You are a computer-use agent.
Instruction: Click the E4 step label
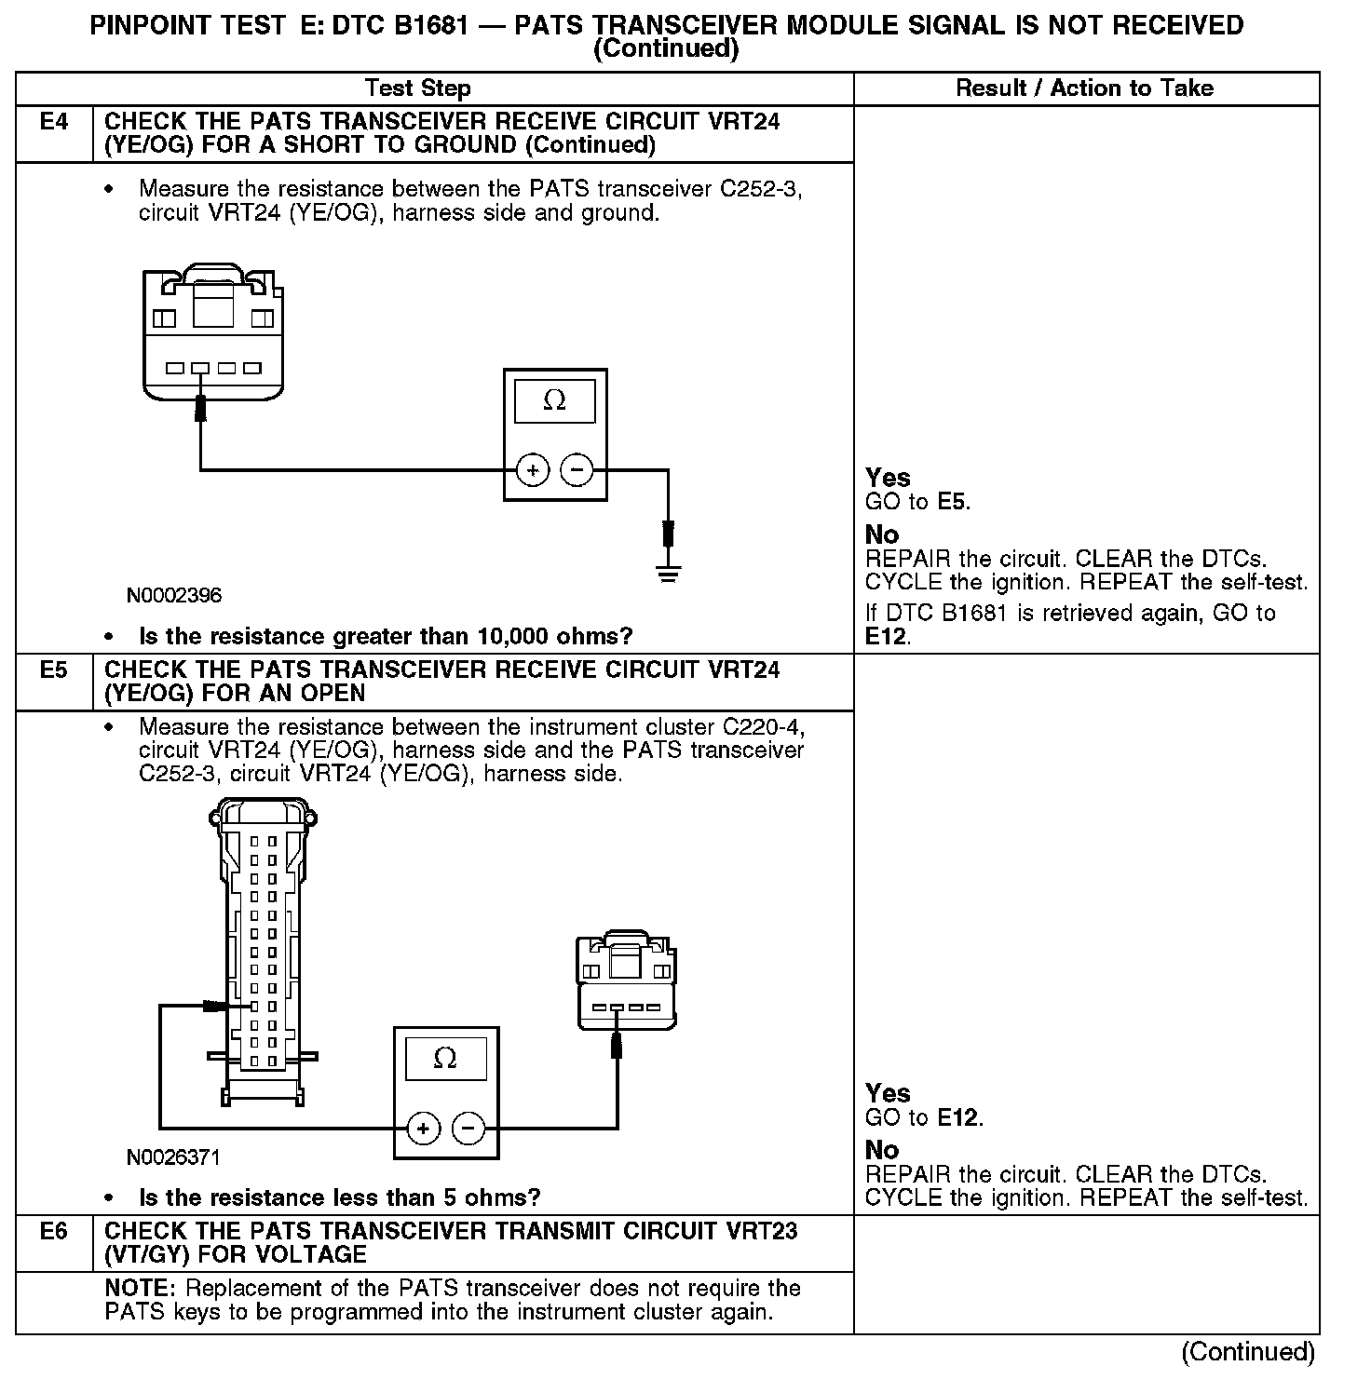coord(54,122)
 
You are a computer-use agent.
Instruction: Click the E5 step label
coord(54,670)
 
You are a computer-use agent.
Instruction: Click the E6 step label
coord(54,1232)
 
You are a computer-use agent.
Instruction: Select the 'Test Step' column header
coord(417,88)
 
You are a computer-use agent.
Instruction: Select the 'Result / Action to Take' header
coord(1084,88)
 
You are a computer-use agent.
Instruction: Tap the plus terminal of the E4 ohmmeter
coord(533,471)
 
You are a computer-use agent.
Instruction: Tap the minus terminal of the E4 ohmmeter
coord(577,471)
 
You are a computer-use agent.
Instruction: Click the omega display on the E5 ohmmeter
coord(445,1059)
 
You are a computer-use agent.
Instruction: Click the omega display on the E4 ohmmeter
coord(554,400)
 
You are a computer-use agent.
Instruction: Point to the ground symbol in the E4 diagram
coord(668,572)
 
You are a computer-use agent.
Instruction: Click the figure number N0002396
coord(175,595)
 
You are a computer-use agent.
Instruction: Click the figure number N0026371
coord(174,1157)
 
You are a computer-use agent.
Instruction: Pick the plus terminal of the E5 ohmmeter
coord(423,1129)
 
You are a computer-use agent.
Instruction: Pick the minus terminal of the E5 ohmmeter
coord(468,1129)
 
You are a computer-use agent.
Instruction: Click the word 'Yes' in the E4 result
coord(888,478)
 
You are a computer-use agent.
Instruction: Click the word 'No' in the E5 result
coord(882,1150)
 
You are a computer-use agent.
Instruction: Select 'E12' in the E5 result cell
coord(958,1117)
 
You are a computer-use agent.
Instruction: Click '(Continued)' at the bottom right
coord(1247,1352)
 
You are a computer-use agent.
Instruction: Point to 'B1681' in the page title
coord(431,25)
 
